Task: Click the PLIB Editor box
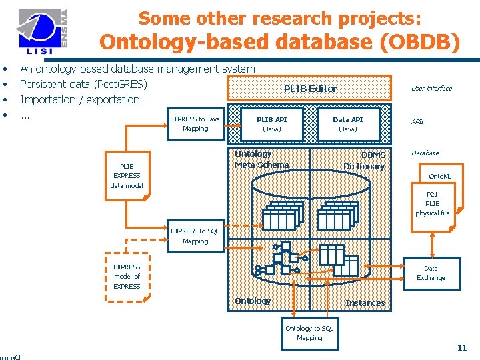click(310, 88)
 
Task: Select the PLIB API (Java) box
click(271, 124)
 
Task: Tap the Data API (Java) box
click(348, 124)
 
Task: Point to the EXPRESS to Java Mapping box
click(195, 124)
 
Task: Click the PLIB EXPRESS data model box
click(127, 176)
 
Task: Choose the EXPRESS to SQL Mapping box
click(195, 236)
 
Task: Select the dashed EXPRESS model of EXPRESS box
click(127, 277)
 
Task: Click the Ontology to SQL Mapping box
click(309, 333)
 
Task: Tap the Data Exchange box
click(431, 273)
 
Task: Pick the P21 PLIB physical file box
click(432, 204)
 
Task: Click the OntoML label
click(439, 176)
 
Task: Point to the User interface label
click(431, 88)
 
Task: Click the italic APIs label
click(417, 122)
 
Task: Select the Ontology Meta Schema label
click(261, 159)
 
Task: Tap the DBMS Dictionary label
click(364, 161)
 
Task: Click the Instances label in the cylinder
click(365, 303)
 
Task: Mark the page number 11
click(462, 347)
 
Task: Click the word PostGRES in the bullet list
click(124, 84)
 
